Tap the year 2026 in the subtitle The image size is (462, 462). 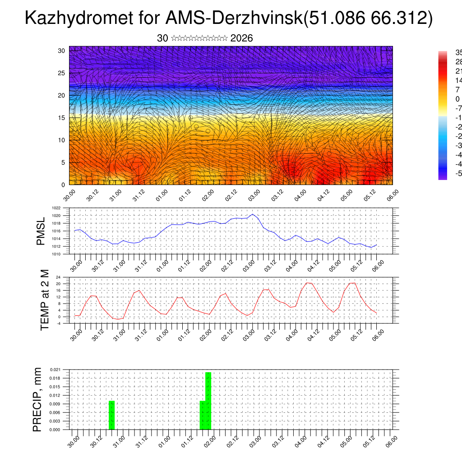coord(241,38)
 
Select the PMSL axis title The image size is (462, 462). coord(41,231)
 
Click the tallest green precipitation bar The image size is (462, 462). coord(208,401)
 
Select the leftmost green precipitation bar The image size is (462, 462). coord(112,415)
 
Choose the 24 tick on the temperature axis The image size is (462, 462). coord(58,277)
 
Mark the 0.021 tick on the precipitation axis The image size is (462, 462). coord(55,370)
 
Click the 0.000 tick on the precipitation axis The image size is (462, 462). coord(55,430)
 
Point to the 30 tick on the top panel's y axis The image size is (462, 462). coord(61,51)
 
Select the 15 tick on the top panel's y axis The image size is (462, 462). coord(61,118)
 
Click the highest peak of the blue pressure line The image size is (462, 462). coord(253,214)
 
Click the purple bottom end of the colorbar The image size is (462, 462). coord(442,177)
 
